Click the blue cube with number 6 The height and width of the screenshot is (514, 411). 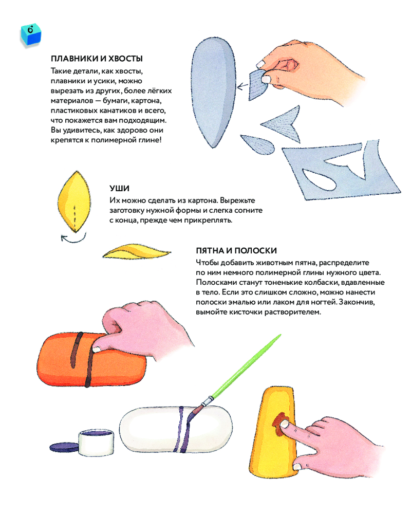[x=31, y=34]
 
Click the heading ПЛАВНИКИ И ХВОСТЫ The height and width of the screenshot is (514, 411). [x=97, y=59]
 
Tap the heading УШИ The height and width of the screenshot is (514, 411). [x=119, y=189]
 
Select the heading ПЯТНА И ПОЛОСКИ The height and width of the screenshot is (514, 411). [x=236, y=251]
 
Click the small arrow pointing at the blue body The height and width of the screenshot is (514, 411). [x=242, y=86]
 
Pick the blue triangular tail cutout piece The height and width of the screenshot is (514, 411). [x=283, y=124]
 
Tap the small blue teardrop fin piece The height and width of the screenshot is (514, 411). [x=257, y=144]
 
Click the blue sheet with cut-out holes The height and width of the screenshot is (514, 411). [x=341, y=171]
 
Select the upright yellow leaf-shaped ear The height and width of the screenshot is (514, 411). [x=74, y=201]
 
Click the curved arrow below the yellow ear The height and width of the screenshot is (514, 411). [x=73, y=240]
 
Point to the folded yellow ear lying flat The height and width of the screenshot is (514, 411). [x=136, y=251]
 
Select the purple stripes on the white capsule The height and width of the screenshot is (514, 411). [x=182, y=429]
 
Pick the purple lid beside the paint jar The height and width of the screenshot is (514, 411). [x=65, y=447]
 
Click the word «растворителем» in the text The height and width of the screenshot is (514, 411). [x=293, y=312]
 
